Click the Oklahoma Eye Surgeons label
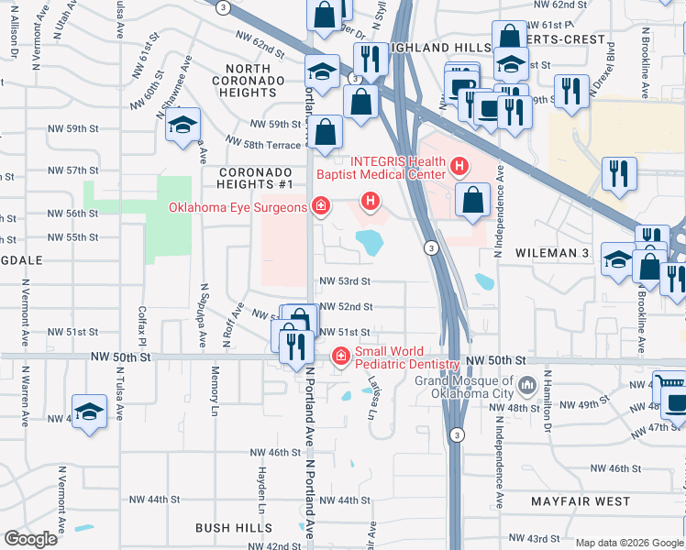point(238,207)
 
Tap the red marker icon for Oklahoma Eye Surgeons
point(320,205)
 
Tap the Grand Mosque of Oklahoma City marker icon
point(526,383)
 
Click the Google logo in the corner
point(30,539)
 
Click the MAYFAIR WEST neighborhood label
point(581,501)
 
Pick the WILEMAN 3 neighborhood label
point(552,252)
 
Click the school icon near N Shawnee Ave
point(183,125)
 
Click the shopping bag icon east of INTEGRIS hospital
point(472,200)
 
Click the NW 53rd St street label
point(345,281)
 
